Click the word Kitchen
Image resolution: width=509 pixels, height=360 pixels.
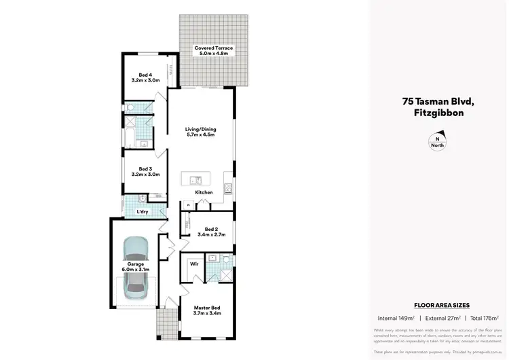[204, 193]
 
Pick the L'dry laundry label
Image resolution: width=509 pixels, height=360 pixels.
[143, 212]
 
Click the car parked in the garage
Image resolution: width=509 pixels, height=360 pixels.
[136, 268]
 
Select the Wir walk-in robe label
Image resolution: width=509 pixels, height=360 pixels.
[194, 263]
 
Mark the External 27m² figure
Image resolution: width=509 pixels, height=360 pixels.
[440, 318]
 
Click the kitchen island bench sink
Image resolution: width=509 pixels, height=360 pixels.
[195, 180]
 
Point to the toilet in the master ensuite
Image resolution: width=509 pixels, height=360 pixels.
[213, 258]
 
